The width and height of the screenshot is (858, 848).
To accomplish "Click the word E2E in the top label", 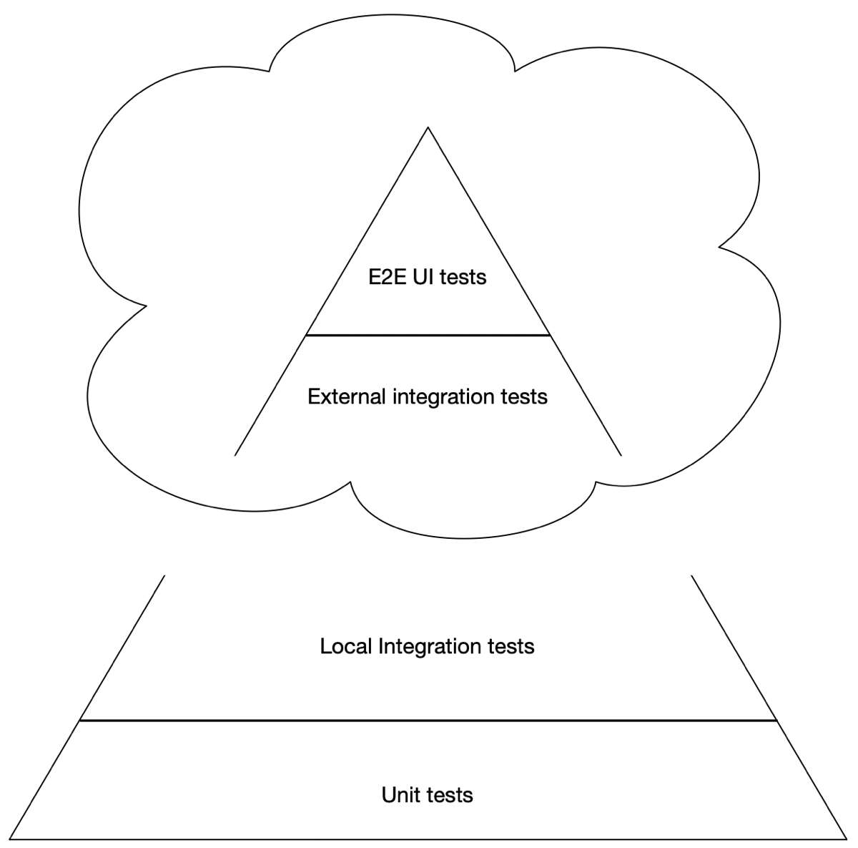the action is click(387, 277).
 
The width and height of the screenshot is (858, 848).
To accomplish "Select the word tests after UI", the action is click(463, 278).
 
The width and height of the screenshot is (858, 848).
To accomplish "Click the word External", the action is click(346, 396).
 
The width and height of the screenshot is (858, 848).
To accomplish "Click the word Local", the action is click(346, 646).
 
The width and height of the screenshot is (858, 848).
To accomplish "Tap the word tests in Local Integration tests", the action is click(512, 646).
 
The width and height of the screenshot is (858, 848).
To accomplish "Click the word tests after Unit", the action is click(450, 795).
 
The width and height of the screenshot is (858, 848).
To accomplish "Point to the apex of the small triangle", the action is click(428, 127).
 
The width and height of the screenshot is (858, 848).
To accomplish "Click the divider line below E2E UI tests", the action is click(428, 335).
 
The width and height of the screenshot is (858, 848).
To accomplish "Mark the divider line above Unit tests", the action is click(428, 720).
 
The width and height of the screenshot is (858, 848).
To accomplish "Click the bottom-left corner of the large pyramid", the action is click(10, 839).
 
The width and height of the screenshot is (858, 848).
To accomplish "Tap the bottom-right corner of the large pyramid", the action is click(847, 839).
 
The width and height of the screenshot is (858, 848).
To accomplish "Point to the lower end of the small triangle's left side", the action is click(235, 456).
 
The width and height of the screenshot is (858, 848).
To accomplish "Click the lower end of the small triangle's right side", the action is click(621, 456).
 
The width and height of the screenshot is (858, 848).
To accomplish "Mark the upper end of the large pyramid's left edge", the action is click(164, 575).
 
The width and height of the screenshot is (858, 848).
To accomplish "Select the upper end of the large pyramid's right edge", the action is click(691, 575).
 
